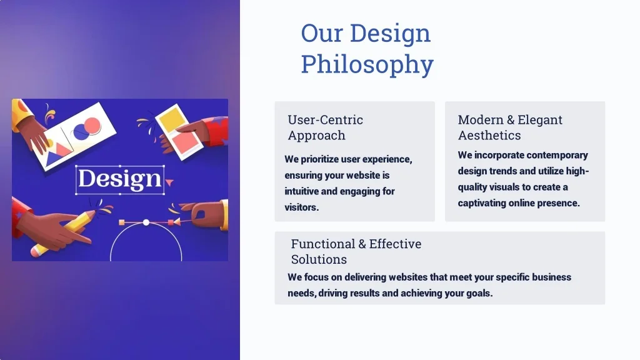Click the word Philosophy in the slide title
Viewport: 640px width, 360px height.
[x=367, y=65]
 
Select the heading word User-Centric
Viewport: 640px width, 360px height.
[x=325, y=119]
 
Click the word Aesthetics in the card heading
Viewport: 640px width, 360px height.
[x=489, y=135]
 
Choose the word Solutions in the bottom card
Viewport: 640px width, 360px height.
[x=319, y=259]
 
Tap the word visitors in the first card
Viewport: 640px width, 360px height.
[x=301, y=207]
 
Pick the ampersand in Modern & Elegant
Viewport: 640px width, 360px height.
[x=510, y=119]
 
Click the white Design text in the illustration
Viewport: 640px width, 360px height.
[x=119, y=179]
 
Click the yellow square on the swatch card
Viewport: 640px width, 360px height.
[x=171, y=119]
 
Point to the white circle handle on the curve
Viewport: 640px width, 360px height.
[x=146, y=222]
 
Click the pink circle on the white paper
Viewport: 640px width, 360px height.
[x=92, y=125]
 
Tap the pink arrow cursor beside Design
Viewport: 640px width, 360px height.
[x=169, y=182]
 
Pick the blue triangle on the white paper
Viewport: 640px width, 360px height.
[x=54, y=158]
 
